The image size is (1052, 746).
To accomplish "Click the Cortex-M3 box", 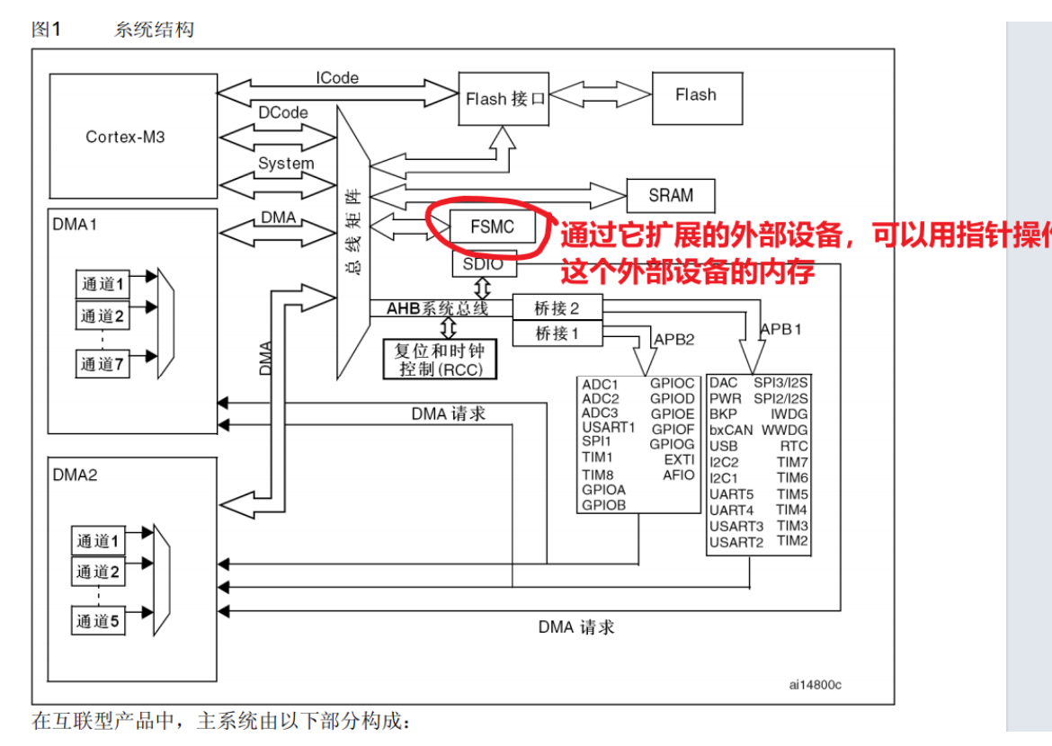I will [126, 137].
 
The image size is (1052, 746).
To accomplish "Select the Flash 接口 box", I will [505, 99].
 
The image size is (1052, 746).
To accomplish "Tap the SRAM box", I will [671, 195].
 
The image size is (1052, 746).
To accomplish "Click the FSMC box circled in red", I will [492, 227].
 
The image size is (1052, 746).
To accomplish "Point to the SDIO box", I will [483, 265].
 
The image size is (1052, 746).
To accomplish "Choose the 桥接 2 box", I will [557, 308].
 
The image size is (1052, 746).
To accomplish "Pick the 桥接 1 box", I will [557, 333].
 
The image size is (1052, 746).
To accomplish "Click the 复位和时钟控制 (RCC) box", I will [440, 360].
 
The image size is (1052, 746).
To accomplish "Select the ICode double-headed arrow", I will [337, 91].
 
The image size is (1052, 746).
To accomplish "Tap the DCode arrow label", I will [283, 113].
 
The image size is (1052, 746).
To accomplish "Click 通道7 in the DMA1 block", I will [103, 364].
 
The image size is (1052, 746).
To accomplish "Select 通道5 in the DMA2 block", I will [98, 620].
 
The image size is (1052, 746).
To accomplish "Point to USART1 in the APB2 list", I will [609, 427].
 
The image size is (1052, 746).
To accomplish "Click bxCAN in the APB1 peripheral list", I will [731, 430].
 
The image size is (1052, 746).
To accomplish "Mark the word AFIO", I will [679, 475].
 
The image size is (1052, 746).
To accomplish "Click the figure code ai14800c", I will [816, 685].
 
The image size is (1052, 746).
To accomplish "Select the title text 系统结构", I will [154, 30].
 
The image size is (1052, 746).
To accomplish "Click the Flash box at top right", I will [696, 94].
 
